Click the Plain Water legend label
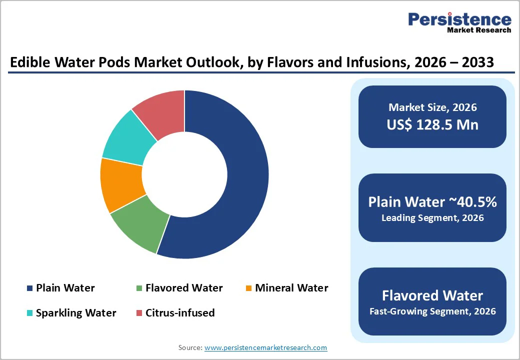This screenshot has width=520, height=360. pos(65,288)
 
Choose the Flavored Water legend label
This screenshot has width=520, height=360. pos(184,288)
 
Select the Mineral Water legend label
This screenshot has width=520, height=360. pos(291,288)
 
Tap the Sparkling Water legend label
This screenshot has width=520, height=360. pos(76,313)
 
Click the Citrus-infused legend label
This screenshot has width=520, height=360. pos(180,313)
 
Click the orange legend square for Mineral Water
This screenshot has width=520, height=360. pos(248,288)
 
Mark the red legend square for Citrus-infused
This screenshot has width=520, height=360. pos(139,313)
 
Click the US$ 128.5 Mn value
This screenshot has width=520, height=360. pos(432,124)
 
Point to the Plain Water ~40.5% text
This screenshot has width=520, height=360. pos(432,201)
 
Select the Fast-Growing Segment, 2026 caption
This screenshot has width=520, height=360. pos(432,311)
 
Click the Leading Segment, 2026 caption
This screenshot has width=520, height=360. pos(432,218)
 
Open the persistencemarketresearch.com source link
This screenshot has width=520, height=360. pos(265,347)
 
